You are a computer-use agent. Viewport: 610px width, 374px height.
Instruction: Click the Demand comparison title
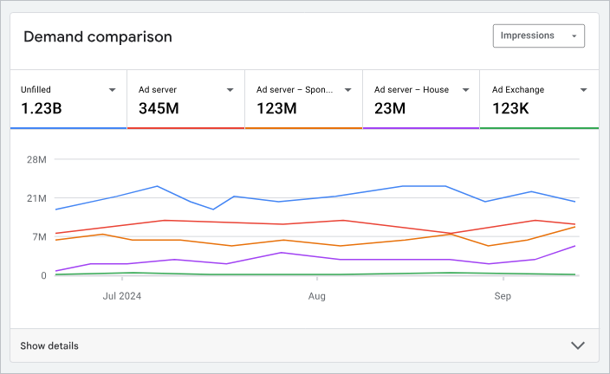tap(97, 36)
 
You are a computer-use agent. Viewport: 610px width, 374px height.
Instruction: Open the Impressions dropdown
tap(538, 35)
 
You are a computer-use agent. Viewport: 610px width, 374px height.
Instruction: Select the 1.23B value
tap(41, 108)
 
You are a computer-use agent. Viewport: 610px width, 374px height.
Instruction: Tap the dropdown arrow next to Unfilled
tap(113, 90)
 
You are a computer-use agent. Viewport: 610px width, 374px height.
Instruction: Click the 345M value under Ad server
tap(159, 108)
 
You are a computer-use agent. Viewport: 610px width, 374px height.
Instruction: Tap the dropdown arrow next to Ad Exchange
tap(584, 90)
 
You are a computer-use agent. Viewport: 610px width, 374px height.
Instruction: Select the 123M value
tap(276, 108)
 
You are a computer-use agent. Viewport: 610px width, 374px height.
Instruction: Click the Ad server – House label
tap(411, 89)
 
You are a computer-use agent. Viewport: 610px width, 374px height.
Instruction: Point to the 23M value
tap(390, 108)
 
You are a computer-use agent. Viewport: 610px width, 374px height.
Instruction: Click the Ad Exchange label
tap(519, 89)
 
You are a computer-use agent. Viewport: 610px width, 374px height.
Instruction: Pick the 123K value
tap(512, 108)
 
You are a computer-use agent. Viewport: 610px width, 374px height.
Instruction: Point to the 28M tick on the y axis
tap(36, 159)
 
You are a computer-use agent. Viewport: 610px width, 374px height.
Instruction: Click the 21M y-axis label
tap(36, 198)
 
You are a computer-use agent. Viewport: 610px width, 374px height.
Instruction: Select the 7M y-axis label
tap(38, 236)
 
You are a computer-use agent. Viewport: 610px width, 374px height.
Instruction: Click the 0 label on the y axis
tap(42, 275)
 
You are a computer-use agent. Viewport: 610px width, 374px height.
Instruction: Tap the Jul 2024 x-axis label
tap(121, 296)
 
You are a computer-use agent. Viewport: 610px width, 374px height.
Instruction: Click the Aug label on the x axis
tap(317, 296)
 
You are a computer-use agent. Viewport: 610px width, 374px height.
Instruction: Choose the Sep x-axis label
tap(503, 296)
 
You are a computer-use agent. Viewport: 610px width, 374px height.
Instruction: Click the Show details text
tap(49, 345)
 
